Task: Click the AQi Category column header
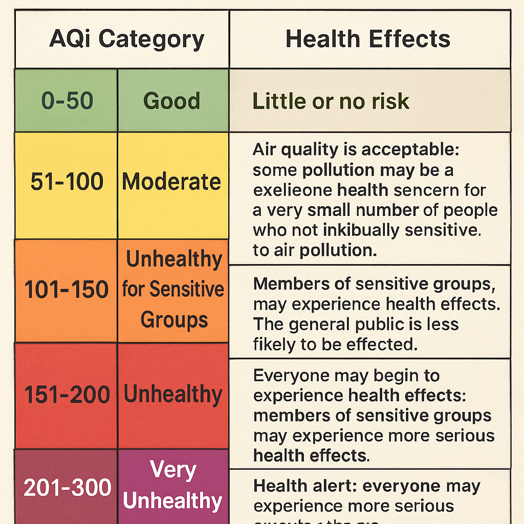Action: pyautogui.click(x=126, y=39)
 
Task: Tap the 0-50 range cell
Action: pyautogui.click(x=67, y=101)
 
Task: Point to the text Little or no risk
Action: pyautogui.click(x=331, y=101)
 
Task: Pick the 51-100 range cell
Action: pyautogui.click(x=67, y=182)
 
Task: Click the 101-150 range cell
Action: pyautogui.click(x=67, y=290)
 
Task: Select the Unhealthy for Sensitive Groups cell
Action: pyautogui.click(x=173, y=290)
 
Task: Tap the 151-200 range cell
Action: pyautogui.click(x=67, y=395)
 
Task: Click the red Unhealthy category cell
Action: pyautogui.click(x=173, y=395)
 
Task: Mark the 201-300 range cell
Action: pyautogui.click(x=67, y=488)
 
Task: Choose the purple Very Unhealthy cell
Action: pyautogui.click(x=173, y=486)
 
